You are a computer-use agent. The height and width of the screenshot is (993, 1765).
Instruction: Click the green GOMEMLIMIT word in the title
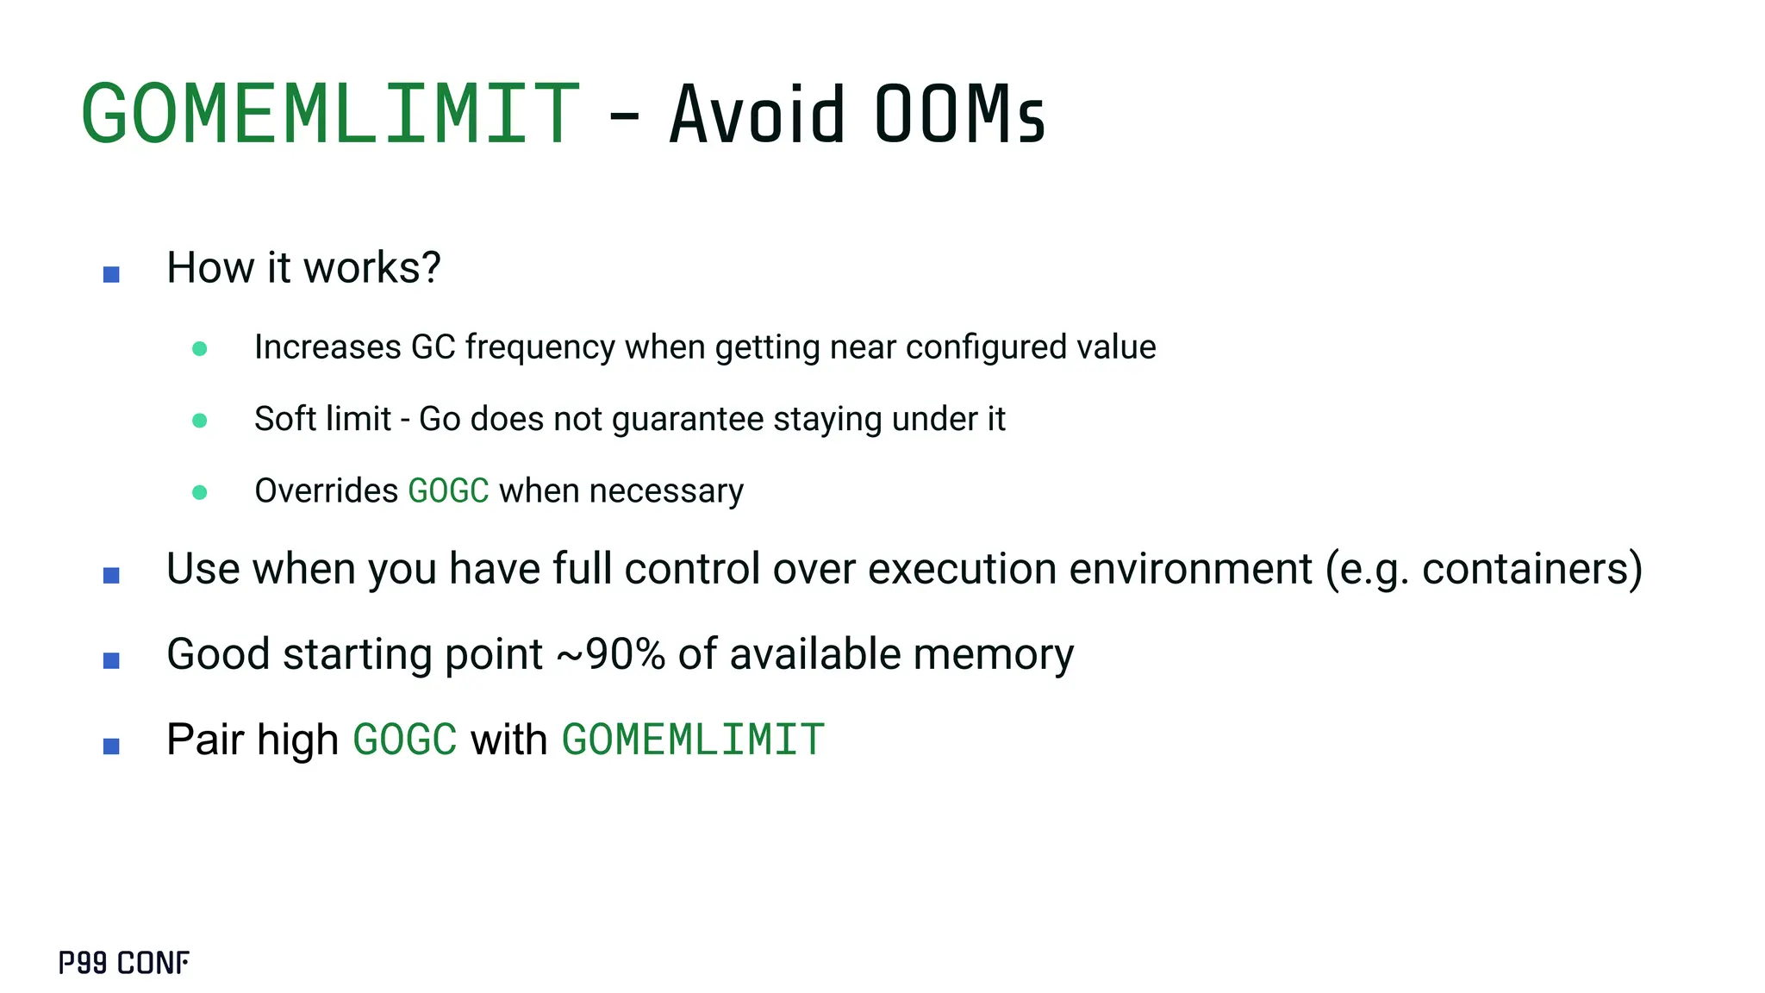330,115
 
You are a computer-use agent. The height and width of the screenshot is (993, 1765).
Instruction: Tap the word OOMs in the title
959,115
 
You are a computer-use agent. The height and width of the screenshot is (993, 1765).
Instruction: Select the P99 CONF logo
124,963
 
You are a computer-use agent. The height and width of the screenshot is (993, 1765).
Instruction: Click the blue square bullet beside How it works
111,274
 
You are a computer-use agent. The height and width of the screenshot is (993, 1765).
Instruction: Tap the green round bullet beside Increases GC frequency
199,348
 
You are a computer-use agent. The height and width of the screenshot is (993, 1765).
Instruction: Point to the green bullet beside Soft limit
199,421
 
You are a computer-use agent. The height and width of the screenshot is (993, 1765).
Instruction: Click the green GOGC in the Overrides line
448,491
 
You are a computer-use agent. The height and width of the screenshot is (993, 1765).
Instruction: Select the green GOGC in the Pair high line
405,740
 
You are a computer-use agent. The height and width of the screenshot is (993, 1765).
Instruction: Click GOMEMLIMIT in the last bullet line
694,740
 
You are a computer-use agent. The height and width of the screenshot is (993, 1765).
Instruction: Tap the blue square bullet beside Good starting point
111,660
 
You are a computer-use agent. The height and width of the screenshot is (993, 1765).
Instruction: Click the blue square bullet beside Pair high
111,746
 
